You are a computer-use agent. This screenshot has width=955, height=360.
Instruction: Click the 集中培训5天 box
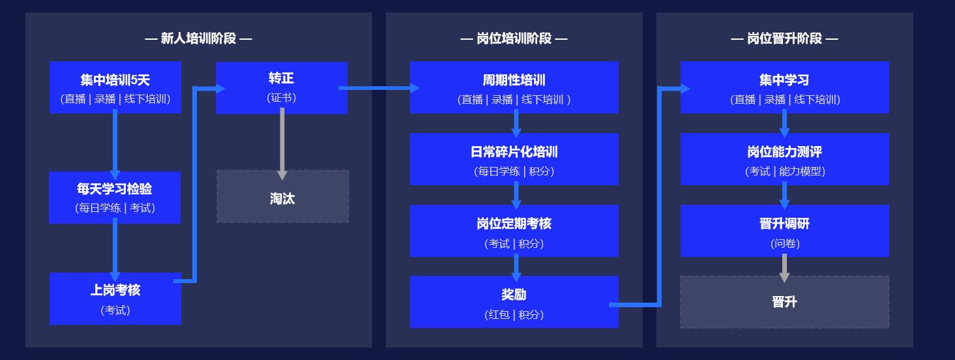tap(115, 87)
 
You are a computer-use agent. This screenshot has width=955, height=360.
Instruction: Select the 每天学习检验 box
tap(115, 198)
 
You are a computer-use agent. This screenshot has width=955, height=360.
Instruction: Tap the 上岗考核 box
tap(115, 299)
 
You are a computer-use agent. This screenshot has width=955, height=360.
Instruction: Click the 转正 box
tap(282, 88)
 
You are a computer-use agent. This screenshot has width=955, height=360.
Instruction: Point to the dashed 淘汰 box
tap(283, 196)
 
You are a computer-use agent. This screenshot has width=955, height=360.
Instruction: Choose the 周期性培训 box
tap(514, 87)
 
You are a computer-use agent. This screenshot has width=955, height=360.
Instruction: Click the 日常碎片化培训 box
tap(514, 159)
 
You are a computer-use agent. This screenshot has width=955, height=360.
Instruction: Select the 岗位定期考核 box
tap(514, 231)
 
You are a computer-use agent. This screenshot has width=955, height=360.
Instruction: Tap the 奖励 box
tap(514, 302)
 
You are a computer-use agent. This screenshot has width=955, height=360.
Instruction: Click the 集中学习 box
tap(785, 87)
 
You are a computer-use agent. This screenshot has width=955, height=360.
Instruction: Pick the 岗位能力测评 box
tap(785, 159)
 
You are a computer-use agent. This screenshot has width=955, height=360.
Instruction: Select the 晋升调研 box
tap(785, 231)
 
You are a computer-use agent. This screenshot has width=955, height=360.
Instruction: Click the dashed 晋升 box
tap(785, 302)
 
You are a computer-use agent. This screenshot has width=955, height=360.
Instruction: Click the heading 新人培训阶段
tap(198, 38)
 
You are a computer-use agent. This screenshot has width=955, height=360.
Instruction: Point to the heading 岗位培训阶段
tap(514, 38)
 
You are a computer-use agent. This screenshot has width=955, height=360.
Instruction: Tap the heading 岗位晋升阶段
tap(784, 38)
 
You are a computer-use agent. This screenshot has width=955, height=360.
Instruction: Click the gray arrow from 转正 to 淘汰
tap(282, 143)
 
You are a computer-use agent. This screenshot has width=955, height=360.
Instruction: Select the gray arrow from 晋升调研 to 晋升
tap(784, 268)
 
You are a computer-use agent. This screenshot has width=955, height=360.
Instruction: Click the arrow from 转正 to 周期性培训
tap(379, 88)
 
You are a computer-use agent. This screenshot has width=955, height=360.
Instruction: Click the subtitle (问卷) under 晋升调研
tap(785, 243)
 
